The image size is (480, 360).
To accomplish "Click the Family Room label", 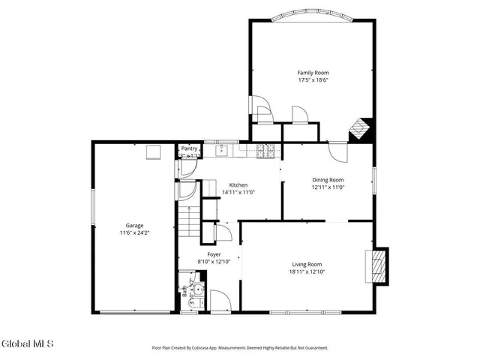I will tap(313, 73).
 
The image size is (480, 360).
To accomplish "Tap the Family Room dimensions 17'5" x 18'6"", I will tap(313, 80).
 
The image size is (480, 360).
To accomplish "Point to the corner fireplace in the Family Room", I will tap(361, 130).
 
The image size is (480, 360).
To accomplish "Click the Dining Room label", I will tap(328, 179).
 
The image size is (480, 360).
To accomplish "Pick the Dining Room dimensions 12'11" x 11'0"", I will tap(328, 187).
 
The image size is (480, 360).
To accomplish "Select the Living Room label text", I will tap(307, 264).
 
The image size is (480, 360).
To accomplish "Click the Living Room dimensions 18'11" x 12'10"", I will tap(307, 272).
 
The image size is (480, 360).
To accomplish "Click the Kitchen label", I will tap(238, 185).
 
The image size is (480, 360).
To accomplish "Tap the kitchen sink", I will tap(223, 150).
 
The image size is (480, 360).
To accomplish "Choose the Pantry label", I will tap(189, 148).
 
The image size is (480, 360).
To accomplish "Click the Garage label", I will tap(134, 225).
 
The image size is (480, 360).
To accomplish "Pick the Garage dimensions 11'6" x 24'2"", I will tap(134, 233).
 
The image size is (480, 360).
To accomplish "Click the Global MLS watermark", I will tap(28, 344).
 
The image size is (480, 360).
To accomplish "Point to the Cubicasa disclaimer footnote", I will tap(239, 348).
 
